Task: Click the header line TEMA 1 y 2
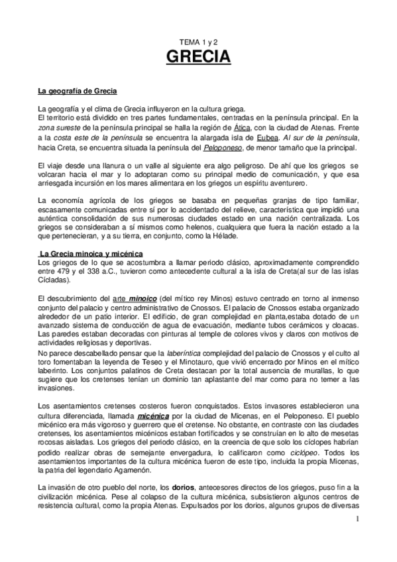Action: [198, 41]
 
